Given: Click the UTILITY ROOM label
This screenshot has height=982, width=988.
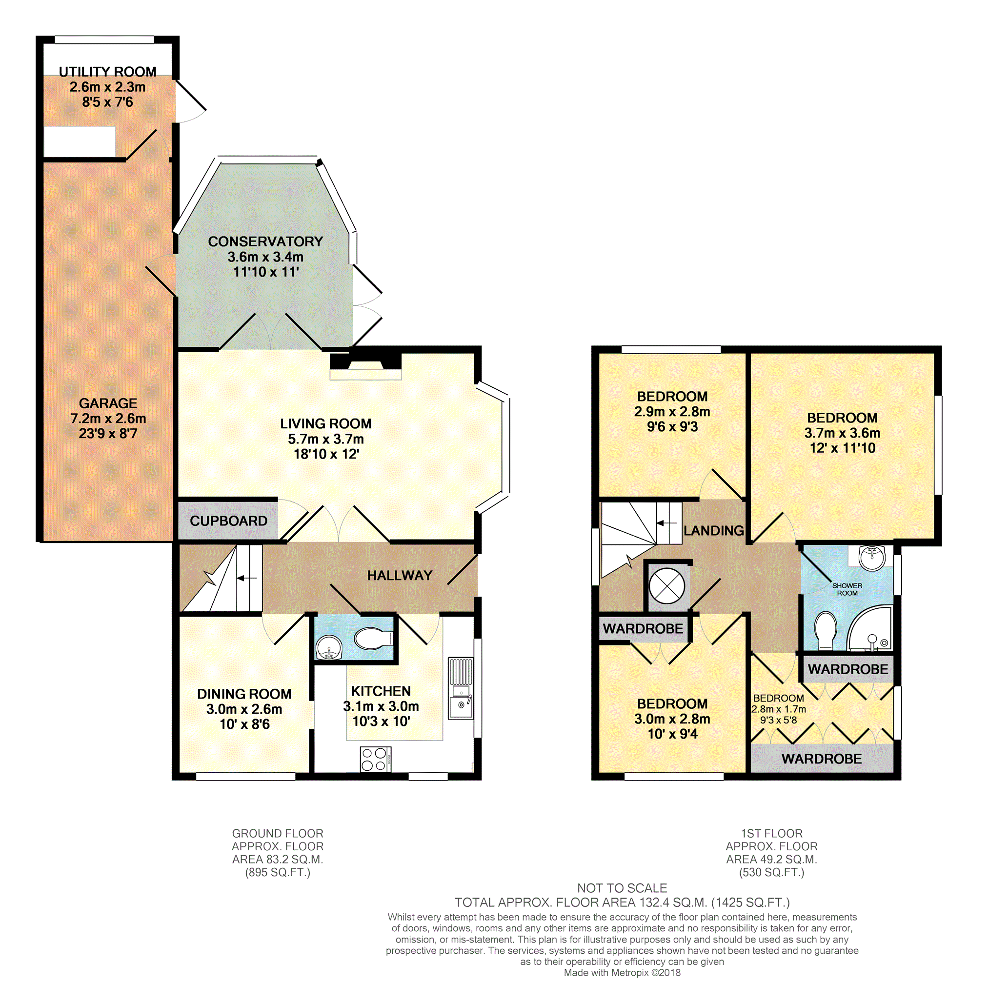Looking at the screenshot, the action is click(x=107, y=72).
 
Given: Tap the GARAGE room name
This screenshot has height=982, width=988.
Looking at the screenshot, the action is click(x=108, y=403).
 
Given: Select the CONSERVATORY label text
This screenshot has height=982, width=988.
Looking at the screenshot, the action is click(x=265, y=241).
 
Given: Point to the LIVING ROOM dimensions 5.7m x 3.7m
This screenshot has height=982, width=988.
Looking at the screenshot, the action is click(x=326, y=439).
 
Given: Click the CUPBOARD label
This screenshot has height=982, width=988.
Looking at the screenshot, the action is click(x=229, y=521).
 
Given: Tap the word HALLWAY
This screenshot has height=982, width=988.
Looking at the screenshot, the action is click(x=400, y=576).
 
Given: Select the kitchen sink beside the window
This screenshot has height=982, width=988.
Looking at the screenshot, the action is click(x=460, y=689).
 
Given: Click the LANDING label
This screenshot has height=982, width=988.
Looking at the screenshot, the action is click(x=713, y=531).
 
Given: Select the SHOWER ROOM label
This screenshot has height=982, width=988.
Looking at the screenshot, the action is click(x=847, y=589).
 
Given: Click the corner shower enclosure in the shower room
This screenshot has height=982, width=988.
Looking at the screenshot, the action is click(x=869, y=628).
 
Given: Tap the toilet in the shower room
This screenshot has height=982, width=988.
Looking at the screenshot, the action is click(x=825, y=631).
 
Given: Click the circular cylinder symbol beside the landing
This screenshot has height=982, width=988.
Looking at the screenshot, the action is click(x=666, y=586).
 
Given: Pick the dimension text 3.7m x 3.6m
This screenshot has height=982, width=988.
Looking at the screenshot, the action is click(x=842, y=433).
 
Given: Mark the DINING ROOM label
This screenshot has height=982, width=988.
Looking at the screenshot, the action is click(x=244, y=694).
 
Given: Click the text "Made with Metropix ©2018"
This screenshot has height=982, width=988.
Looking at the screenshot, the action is click(x=622, y=973).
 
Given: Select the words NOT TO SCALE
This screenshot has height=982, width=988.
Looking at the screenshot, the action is click(x=622, y=888).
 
